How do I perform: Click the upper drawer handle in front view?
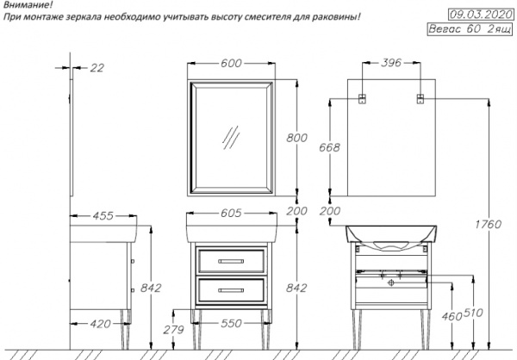coord(230,259)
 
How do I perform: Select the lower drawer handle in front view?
coord(230,289)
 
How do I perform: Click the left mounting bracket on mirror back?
coord(363,96)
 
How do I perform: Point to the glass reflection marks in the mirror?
coord(231,135)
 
